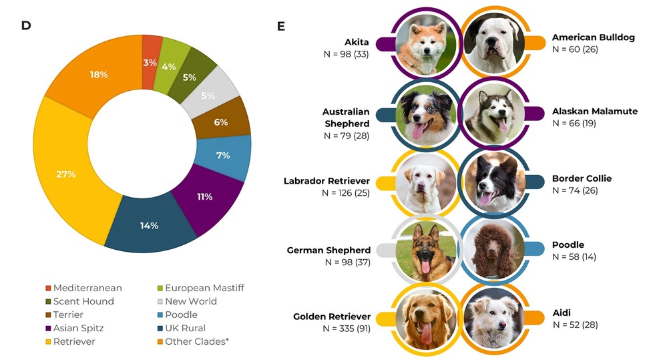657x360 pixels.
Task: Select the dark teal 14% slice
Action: [149, 225]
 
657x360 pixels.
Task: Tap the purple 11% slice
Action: [205, 196]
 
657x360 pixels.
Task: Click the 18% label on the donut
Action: [99, 75]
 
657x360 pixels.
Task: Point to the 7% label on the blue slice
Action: [223, 155]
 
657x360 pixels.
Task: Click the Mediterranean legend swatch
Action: [48, 288]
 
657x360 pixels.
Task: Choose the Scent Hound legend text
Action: [83, 301]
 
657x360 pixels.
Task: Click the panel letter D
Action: [26, 25]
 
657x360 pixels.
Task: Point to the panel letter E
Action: [281, 26]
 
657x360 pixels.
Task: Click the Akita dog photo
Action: [425, 44]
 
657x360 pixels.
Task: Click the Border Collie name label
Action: [582, 178]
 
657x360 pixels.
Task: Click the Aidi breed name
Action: [562, 313]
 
